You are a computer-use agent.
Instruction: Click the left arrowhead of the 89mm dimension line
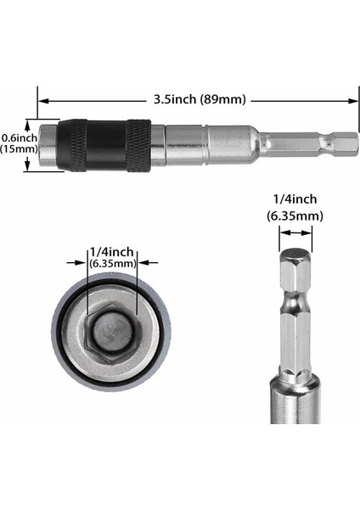pyautogui.click(x=42, y=99)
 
